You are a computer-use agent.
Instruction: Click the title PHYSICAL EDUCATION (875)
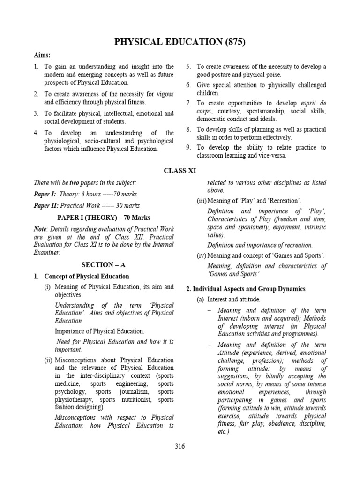pos(180,42)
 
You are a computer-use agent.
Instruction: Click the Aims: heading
pos(42,55)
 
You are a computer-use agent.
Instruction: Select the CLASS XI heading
pos(180,171)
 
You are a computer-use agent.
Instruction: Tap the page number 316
pos(180,446)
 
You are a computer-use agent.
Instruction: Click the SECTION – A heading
pos(101,264)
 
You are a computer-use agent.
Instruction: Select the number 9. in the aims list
pos(188,148)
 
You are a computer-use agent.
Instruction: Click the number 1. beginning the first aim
pos(36,67)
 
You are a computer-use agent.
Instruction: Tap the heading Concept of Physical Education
pos(87,276)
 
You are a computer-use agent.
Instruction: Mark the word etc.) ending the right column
pos(223,431)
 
